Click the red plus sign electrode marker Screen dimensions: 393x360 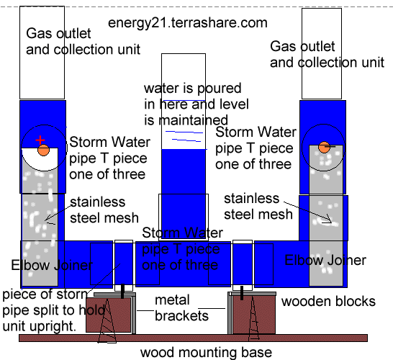tap(40, 140)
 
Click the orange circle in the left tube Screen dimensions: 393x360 tap(44, 150)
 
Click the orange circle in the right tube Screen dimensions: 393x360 tap(325, 147)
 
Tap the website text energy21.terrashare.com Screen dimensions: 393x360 tap(188, 23)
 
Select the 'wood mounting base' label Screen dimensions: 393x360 tap(206, 353)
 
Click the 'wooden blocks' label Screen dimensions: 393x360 tap(328, 302)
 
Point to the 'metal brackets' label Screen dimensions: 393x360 tap(181, 308)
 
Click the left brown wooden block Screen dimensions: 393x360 tap(109, 315)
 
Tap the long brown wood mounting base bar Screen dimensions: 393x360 tap(193, 338)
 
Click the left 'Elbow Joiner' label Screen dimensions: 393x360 tap(52, 265)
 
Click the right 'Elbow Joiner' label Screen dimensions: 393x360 tap(325, 260)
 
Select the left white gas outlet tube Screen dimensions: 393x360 tap(42, 53)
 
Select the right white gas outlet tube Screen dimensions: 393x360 tap(322, 54)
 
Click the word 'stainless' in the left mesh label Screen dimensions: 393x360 tap(97, 202)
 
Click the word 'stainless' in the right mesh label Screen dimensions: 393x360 tap(252, 199)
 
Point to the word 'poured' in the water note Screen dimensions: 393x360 tap(219, 89)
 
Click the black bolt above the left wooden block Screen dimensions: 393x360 tap(122, 292)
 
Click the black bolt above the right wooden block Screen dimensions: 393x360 tap(242, 293)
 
